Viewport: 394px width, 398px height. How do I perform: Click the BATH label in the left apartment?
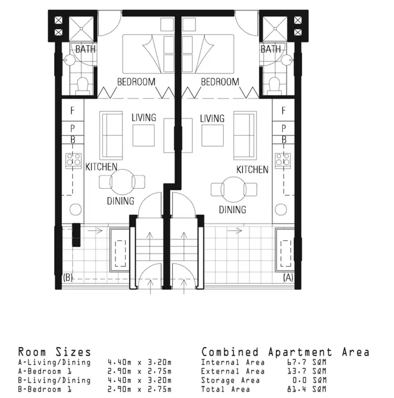pos(85,49)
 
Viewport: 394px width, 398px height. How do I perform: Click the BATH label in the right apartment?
pos(271,49)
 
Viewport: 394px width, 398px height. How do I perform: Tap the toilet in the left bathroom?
pos(82,84)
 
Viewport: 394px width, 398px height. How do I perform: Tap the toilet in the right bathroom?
pos(273,84)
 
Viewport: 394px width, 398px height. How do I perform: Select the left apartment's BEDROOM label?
pos(136,82)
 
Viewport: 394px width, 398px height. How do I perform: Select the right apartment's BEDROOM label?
pos(220,82)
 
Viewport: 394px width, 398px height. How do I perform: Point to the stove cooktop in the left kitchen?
pos(72,159)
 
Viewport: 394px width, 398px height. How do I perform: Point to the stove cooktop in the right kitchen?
pos(283,159)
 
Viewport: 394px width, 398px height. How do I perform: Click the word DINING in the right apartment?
pos(233,210)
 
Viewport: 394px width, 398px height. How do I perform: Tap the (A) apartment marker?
pos(288,277)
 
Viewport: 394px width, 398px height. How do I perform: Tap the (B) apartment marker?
pos(67,277)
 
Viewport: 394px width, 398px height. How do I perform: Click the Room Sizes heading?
pos(55,352)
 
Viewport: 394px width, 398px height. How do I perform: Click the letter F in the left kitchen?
pos(73,111)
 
